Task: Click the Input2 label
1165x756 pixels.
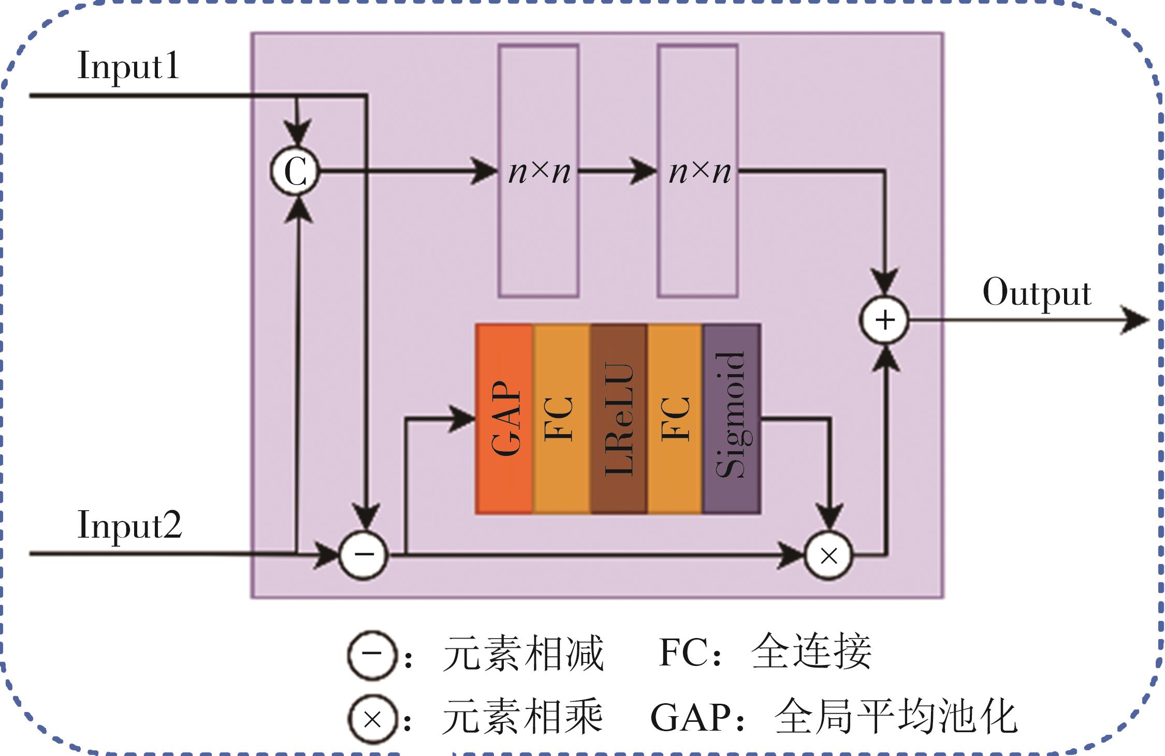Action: [129, 526]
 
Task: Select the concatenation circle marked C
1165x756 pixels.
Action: [295, 171]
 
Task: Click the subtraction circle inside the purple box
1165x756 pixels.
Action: [363, 555]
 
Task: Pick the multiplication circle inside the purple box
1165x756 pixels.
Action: [828, 556]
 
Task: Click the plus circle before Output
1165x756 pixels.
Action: [884, 320]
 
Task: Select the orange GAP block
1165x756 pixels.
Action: [504, 419]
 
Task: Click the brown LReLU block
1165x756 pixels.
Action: [618, 419]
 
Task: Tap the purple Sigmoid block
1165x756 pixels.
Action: [731, 419]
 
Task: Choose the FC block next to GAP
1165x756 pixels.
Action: [561, 419]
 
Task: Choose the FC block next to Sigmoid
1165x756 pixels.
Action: [675, 419]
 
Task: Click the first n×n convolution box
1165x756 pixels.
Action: [538, 171]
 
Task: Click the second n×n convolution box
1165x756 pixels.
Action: [698, 171]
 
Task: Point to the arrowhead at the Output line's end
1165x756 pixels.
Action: [1137, 320]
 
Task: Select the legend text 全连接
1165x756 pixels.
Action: [811, 653]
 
